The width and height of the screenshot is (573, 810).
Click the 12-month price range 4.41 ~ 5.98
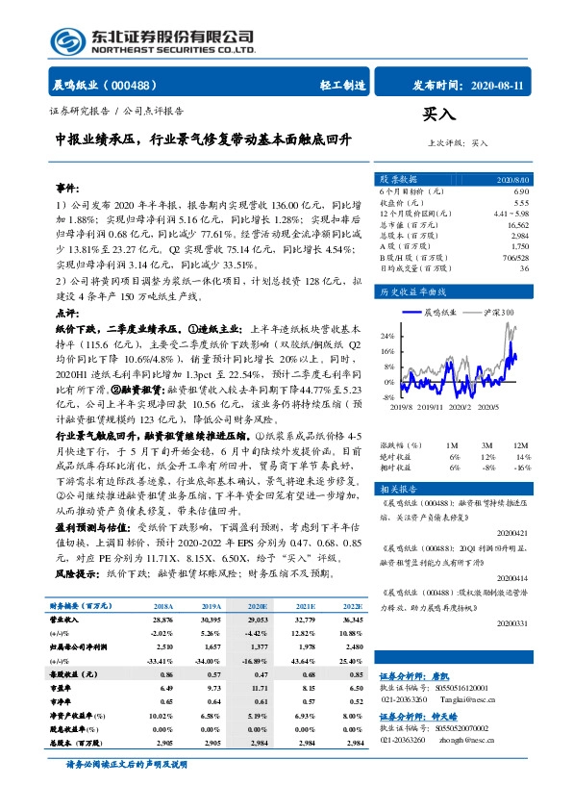click(x=510, y=214)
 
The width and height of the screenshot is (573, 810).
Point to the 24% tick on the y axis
click(x=387, y=336)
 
